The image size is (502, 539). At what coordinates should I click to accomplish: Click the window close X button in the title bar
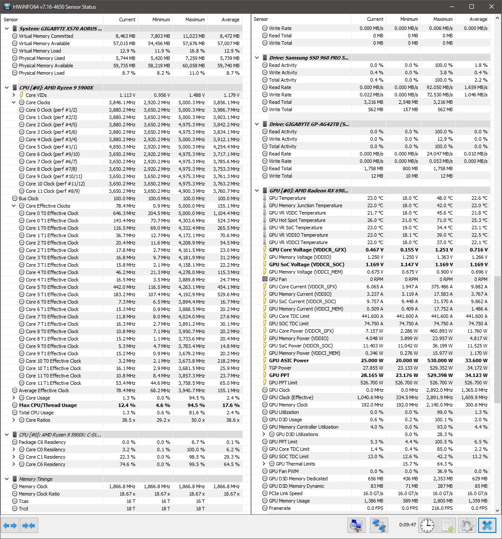(492, 7)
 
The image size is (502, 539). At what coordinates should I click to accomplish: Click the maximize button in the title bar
(472, 7)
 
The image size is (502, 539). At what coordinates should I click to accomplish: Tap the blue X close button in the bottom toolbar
(487, 526)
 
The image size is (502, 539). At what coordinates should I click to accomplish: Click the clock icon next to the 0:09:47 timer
(427, 526)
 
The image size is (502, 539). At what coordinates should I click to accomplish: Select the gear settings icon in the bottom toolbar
(467, 526)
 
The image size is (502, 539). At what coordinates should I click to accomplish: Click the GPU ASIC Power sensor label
(289, 360)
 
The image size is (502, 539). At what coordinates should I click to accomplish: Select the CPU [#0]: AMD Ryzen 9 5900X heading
(56, 88)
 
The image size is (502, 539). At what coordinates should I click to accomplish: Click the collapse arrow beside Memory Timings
(7, 479)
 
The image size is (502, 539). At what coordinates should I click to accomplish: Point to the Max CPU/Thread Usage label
(48, 405)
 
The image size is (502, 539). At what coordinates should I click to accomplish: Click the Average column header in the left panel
(230, 20)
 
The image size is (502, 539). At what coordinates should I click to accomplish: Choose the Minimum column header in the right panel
(409, 19)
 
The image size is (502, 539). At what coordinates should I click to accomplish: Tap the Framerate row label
(279, 508)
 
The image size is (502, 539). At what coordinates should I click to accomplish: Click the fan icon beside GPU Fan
(265, 279)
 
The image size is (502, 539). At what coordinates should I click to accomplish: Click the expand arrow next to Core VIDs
(14, 95)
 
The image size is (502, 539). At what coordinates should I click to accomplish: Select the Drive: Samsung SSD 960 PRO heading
(308, 58)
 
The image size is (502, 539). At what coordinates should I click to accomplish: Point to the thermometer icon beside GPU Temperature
(265, 198)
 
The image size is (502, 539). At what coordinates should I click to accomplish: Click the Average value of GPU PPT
(476, 375)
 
